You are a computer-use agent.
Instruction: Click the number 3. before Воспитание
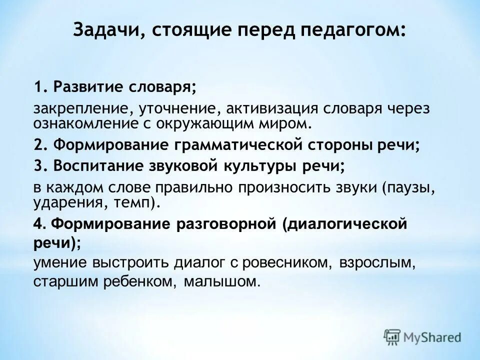click(41, 166)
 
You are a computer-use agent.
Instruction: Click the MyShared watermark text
click(433, 337)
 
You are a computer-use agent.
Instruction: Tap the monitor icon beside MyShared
click(393, 337)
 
